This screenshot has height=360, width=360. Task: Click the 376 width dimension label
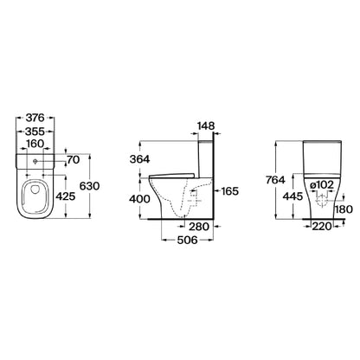tap(35, 118)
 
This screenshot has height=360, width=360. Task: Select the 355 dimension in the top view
tap(35, 132)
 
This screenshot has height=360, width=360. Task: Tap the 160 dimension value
tap(35, 144)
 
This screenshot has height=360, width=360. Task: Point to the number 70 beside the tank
tap(73, 159)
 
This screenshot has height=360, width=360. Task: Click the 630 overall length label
tap(89, 186)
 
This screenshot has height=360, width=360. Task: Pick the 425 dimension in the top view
tap(65, 196)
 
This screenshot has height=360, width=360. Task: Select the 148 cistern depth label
tap(206, 125)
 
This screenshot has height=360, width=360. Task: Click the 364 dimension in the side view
tap(139, 159)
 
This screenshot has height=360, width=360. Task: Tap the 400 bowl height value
tap(139, 199)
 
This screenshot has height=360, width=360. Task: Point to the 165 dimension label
tap(229, 191)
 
